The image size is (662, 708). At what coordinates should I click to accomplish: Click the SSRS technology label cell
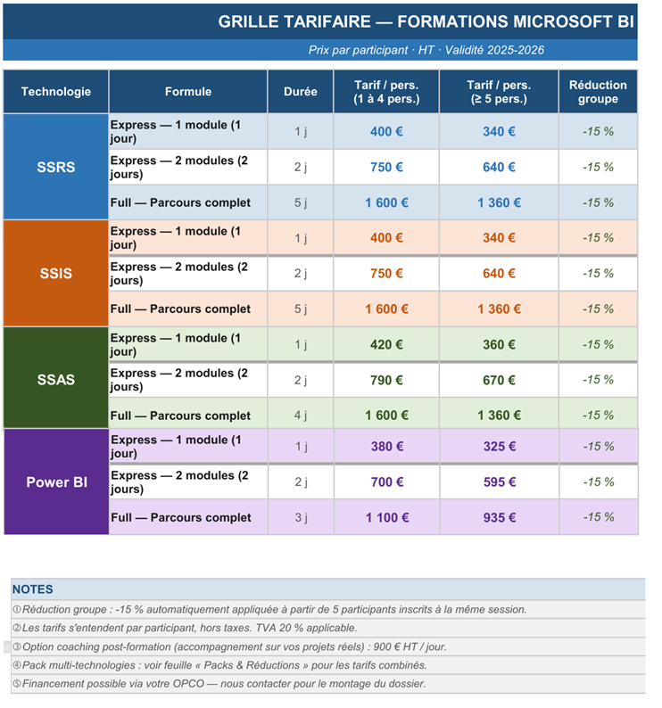pos(55,167)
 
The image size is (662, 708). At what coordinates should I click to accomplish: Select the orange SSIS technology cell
pos(55,273)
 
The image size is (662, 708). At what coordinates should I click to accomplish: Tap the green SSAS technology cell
pos(55,379)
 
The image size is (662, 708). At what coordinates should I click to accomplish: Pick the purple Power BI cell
pos(56,482)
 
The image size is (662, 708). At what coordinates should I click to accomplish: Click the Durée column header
pos(301,92)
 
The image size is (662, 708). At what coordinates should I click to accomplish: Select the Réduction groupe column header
pos(598,92)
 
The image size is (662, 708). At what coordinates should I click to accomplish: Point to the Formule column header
pos(188,92)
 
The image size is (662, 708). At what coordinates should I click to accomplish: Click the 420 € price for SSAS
pos(386,344)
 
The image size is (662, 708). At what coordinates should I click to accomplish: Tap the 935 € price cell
pos(500,517)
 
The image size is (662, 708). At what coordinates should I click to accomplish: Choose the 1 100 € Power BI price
pos(387,517)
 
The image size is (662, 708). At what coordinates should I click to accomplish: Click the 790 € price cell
pos(386,380)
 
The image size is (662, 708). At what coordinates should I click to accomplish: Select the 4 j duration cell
pos(301,415)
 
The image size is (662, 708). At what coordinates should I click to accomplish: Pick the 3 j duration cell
pos(302,517)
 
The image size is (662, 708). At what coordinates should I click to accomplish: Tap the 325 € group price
pos(500,447)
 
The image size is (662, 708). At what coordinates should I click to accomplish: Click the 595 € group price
pos(500,482)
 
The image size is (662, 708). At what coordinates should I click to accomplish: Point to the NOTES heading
pos(32,589)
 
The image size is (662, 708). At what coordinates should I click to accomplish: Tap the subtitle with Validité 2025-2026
pos(426,50)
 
